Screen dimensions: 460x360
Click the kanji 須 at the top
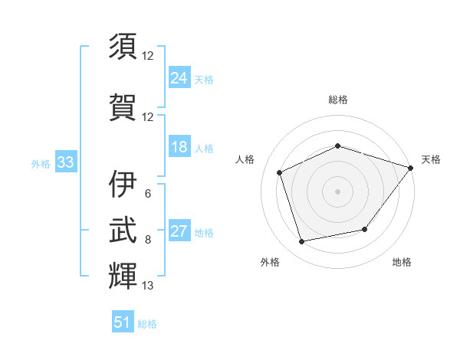pos(123,46)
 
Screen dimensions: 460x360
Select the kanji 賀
pos(123,107)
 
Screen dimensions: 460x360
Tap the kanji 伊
pos(123,184)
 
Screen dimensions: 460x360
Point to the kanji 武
pos(123,230)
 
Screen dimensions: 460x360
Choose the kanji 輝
pos(123,276)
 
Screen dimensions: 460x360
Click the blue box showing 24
pos(179,77)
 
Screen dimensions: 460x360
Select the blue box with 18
pos(179,146)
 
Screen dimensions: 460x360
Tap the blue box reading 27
pos(179,230)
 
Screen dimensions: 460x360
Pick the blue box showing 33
pos(66,161)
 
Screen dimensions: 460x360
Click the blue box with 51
pos(123,321)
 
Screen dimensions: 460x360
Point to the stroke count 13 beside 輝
pos(147,285)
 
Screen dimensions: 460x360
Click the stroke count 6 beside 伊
pos(148,194)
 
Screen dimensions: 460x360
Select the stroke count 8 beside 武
pos(148,240)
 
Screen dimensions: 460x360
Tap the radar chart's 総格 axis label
pos(338,100)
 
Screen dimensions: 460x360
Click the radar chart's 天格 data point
pos(410,168)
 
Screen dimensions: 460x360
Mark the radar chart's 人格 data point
pos(279,172)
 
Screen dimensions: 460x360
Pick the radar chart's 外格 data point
pos(301,241)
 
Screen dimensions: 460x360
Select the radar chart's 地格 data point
pos(365,229)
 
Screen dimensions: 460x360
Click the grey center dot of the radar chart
pos(337,191)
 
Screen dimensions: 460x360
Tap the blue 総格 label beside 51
pos(147,324)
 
